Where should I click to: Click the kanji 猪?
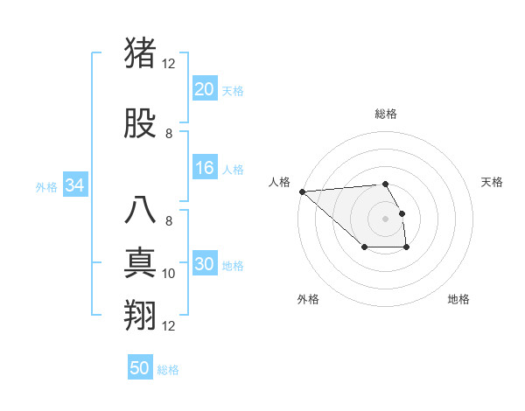pos(141,53)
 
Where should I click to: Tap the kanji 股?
pos(141,124)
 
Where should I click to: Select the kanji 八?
pos(141,211)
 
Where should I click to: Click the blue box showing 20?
pos(204,88)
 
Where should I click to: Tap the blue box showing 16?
pos(204,169)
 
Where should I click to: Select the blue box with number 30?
pos(204,265)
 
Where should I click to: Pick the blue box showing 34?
pos(74,185)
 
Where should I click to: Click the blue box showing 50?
pos(140,368)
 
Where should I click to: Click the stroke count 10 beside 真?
pos(169,274)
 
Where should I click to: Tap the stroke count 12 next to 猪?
pos(168,64)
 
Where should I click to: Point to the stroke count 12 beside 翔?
pos(169,326)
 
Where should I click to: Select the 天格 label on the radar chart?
pos(493,182)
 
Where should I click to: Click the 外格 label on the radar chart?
pos(308,299)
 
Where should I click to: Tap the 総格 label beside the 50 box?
pos(168,370)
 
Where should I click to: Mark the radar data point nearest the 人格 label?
pos(302,191)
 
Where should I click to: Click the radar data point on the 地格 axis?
pos(407,248)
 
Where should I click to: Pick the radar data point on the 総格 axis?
pos(385,184)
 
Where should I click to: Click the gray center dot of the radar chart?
pos(385,218)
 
